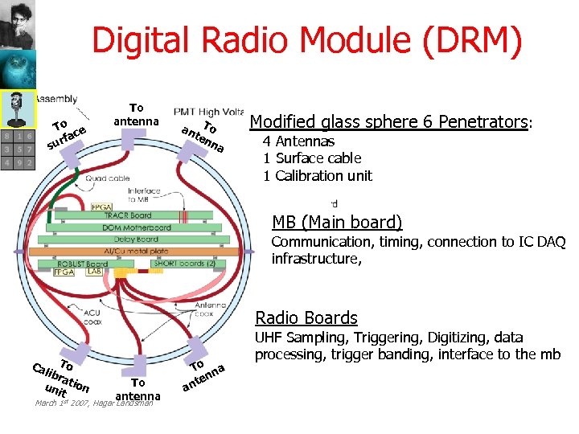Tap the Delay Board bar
coord(136,239)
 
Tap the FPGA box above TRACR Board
coord(102,206)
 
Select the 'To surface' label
coord(66,134)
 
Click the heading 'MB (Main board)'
coord(337,223)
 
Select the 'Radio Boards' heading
coord(306,318)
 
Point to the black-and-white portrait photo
coord(18,25)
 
